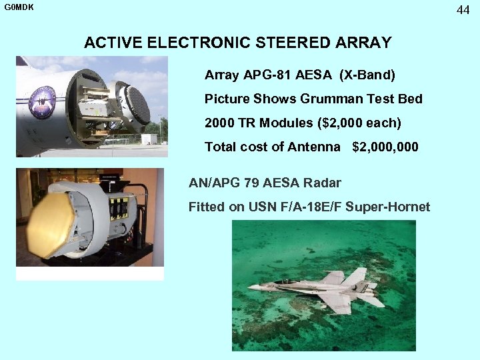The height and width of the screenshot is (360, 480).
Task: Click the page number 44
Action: pos(463,9)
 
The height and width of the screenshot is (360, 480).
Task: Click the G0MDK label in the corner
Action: pos(18,8)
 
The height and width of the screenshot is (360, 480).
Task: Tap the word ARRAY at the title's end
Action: pos(365,43)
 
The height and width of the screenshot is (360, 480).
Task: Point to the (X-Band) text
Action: pos(367,75)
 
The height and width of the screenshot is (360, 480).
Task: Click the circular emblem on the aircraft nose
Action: pos(42,106)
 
